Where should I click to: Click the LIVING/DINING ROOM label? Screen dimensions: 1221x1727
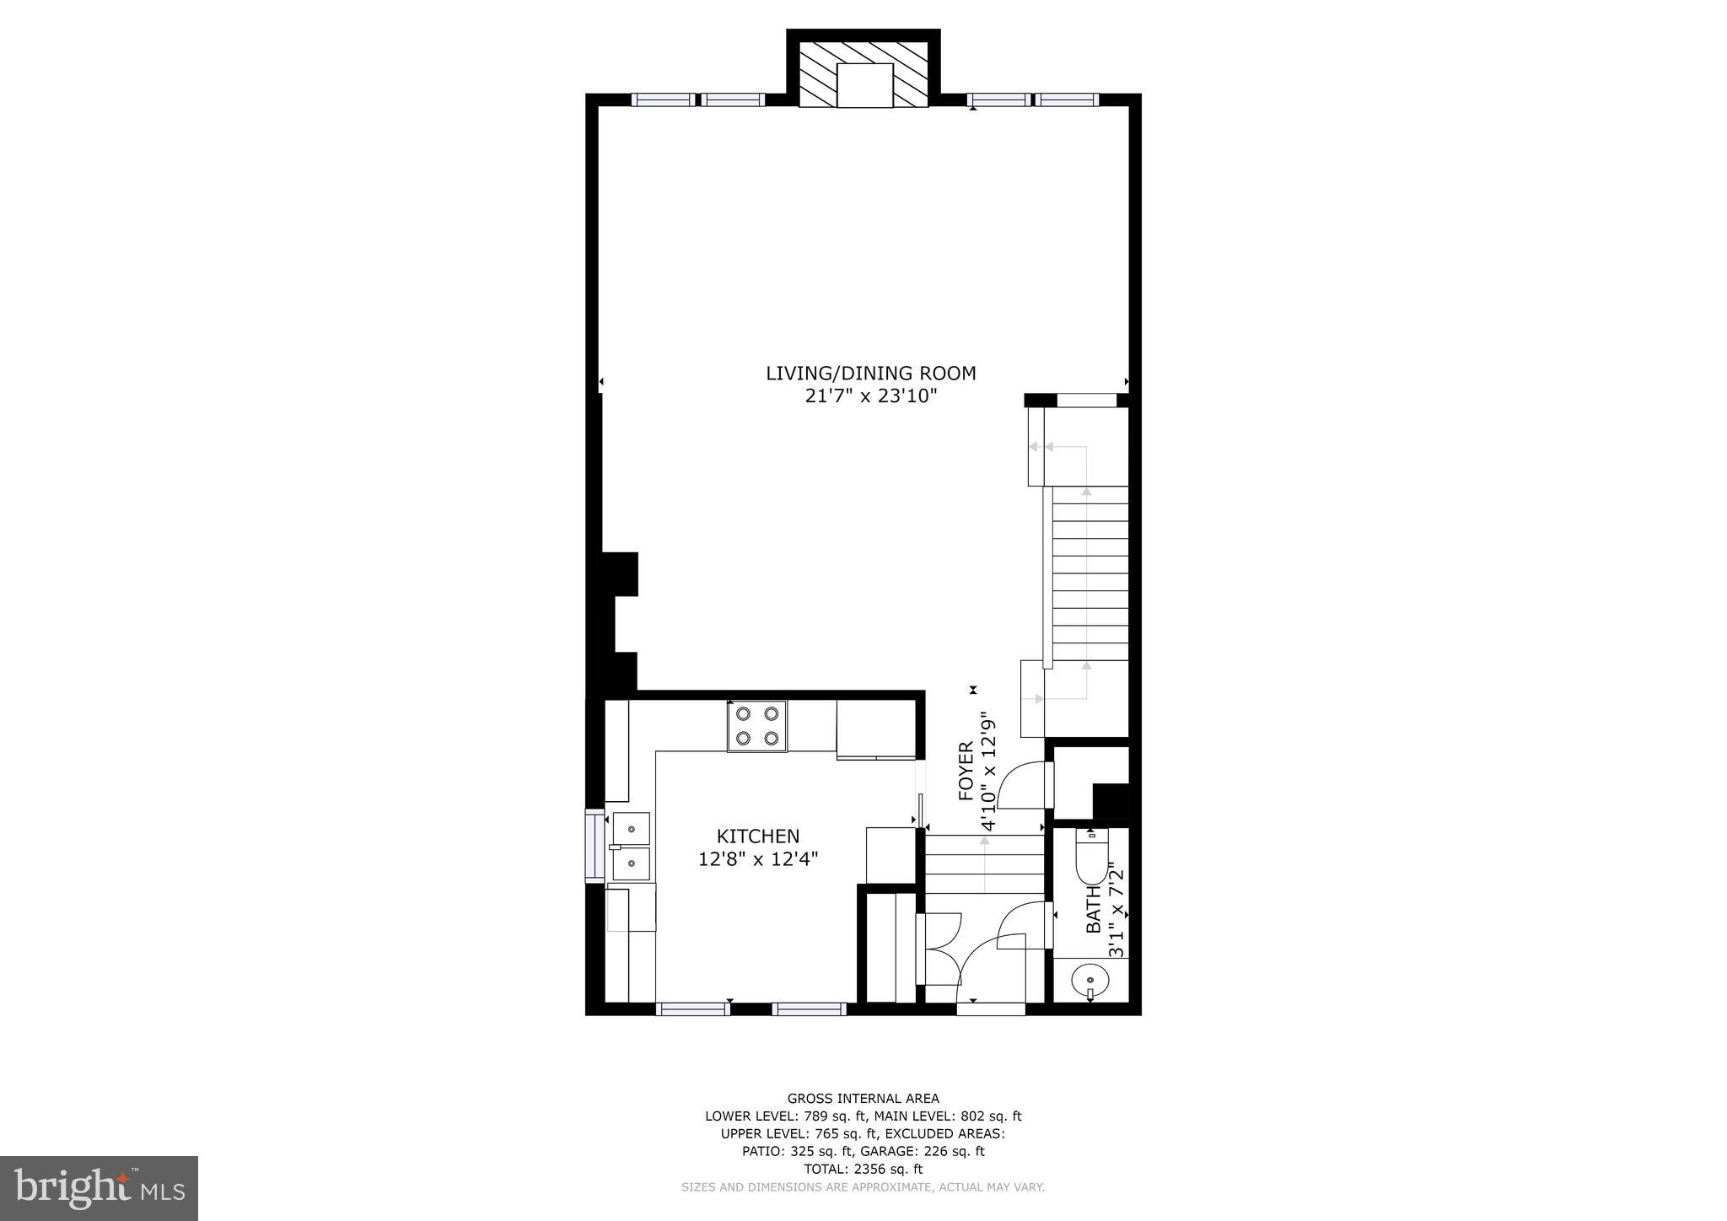pyautogui.click(x=870, y=373)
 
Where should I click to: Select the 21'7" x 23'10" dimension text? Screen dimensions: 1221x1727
pyautogui.click(x=870, y=396)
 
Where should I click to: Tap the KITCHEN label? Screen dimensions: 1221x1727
pyautogui.click(x=757, y=836)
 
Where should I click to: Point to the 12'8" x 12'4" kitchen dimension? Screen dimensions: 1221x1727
pyautogui.click(x=757, y=859)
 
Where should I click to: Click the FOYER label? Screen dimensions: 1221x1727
pyautogui.click(x=966, y=771)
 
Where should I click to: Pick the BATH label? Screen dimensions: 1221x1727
pyautogui.click(x=1093, y=909)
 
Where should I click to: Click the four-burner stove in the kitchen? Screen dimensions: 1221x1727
pyautogui.click(x=756, y=726)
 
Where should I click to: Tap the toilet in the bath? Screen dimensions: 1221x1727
pyautogui.click(x=1091, y=855)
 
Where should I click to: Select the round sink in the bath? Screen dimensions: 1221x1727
pyautogui.click(x=1090, y=981)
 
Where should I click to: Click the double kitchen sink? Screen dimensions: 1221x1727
pyautogui.click(x=630, y=845)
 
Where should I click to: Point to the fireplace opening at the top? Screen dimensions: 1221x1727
pyautogui.click(x=864, y=85)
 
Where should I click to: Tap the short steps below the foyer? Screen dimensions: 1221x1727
pyautogui.click(x=984, y=863)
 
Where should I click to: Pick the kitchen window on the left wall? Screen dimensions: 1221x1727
pyautogui.click(x=594, y=845)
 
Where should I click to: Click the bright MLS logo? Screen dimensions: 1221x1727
pyautogui.click(x=99, y=1188)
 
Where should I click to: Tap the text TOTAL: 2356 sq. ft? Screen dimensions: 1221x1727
pyautogui.click(x=863, y=1169)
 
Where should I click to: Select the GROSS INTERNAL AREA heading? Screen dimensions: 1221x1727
pyautogui.click(x=863, y=1098)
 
